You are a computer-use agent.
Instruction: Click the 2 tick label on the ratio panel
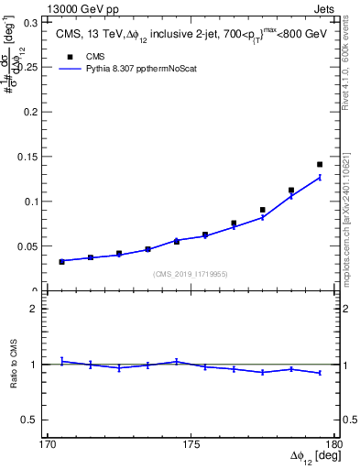coord(35,310)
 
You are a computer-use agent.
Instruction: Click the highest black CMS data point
coord(320,164)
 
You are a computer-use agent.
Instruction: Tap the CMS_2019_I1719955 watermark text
coord(191,273)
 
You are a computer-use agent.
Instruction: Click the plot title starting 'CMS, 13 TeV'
coord(191,36)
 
